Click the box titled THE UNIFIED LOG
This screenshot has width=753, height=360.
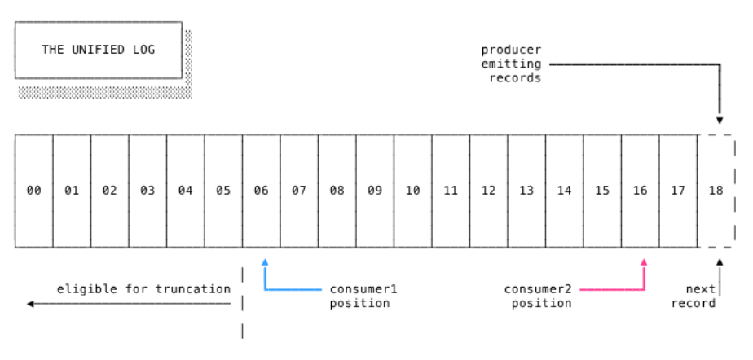coord(98,50)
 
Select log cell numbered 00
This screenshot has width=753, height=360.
coord(33,191)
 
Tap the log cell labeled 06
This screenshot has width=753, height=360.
coord(261,191)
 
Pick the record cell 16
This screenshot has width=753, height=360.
coord(640,191)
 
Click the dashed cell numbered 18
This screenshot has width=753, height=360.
coord(716,191)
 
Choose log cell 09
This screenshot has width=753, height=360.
coord(375,191)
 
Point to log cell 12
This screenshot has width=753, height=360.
coord(488,191)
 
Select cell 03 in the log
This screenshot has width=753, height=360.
coord(148,191)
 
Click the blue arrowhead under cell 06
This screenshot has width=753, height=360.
coord(265,262)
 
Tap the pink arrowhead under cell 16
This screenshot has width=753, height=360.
coord(644,262)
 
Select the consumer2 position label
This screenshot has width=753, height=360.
coord(538,296)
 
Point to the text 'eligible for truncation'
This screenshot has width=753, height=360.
coord(143,289)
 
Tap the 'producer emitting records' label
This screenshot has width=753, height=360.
coord(511,64)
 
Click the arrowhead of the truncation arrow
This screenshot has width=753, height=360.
coord(30,304)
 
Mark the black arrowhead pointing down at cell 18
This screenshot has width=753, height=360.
coord(720,121)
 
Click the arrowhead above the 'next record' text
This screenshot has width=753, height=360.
coord(720,262)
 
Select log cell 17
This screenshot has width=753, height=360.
coord(678,191)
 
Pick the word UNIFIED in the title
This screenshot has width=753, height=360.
coord(98,50)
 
